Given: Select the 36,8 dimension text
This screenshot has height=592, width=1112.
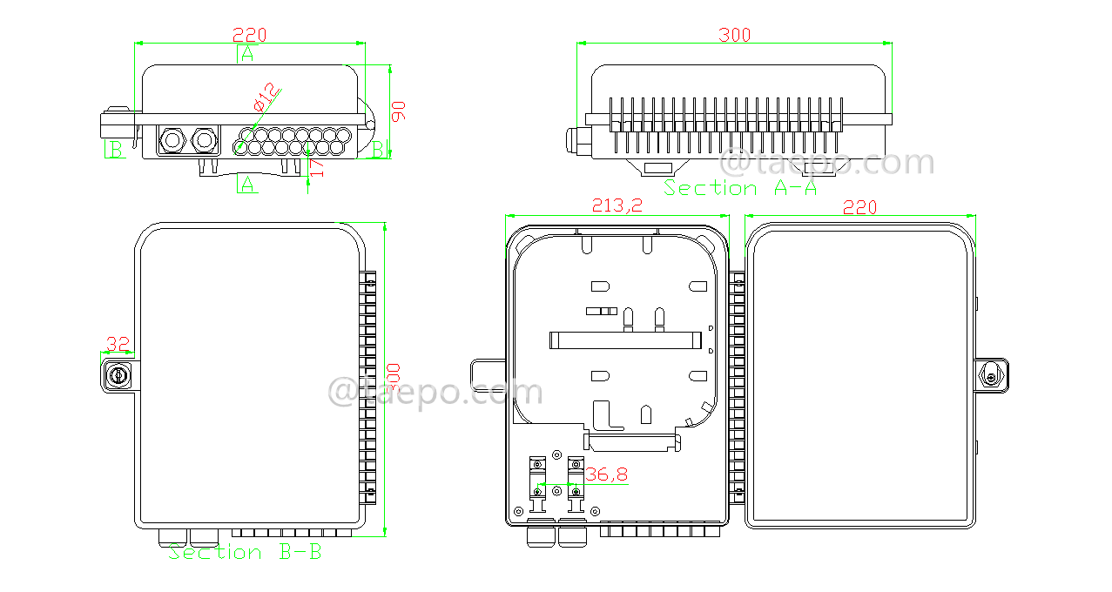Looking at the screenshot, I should [605, 474].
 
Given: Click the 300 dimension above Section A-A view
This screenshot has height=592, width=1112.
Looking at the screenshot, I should [734, 35].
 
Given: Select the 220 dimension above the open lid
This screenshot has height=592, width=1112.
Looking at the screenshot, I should [859, 206].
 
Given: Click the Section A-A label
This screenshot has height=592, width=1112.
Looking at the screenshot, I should [740, 187].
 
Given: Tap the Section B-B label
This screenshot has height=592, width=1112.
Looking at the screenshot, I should [245, 552].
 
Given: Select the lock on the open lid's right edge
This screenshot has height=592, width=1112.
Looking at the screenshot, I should [991, 376].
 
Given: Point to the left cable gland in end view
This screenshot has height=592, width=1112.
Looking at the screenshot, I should [171, 139].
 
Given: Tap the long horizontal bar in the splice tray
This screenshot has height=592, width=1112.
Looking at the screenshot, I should [624, 340].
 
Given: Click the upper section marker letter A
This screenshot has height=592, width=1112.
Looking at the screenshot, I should [247, 54].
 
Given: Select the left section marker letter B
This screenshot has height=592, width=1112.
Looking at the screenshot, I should [113, 150].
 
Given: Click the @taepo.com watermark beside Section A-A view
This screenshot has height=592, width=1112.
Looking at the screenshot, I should [828, 162].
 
